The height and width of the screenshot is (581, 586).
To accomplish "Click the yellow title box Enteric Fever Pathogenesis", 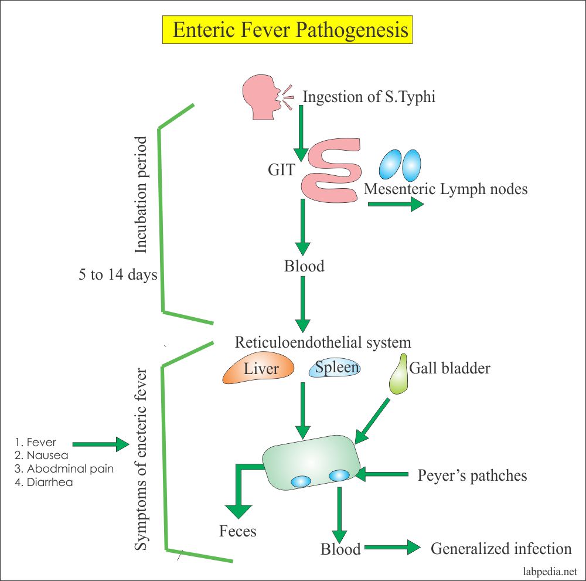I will point(287,29).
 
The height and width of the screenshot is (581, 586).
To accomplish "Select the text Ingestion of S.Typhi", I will point(369,97).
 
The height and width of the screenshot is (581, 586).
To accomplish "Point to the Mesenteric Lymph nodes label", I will point(445,189).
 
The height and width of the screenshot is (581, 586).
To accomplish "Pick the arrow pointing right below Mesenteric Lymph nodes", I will point(396,204).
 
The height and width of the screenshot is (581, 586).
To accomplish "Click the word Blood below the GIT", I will point(304,266).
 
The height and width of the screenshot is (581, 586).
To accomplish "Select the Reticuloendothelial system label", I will point(323,342).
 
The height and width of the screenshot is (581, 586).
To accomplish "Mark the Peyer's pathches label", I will point(472,475).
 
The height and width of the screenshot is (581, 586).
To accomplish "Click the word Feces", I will point(238,531).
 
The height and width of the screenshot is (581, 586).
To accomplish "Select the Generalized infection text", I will point(501,549).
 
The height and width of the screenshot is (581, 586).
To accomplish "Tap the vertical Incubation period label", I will point(141,195).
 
